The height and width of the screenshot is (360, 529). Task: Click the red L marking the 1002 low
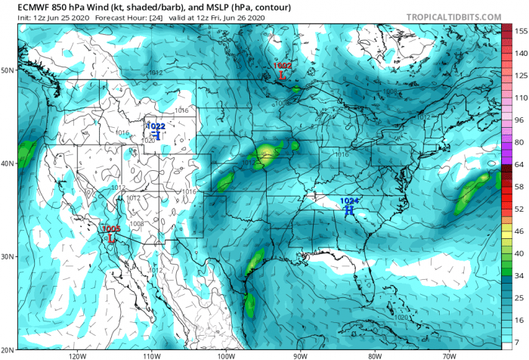(x=281, y=76)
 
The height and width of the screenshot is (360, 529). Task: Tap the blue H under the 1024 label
(x=350, y=210)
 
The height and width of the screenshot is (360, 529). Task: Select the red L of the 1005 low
(x=111, y=237)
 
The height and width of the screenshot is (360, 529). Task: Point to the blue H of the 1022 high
(x=156, y=135)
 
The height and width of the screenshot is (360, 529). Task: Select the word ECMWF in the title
(x=23, y=7)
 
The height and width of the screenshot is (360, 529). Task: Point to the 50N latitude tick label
(x=8, y=70)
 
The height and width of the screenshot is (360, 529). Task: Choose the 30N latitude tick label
(x=8, y=257)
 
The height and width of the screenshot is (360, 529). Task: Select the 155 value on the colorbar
(x=520, y=32)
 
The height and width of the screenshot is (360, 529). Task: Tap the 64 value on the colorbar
(x=520, y=163)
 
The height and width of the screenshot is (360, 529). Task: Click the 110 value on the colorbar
(x=520, y=98)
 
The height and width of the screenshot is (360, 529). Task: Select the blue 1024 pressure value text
(x=350, y=200)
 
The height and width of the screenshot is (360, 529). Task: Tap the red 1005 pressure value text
(x=111, y=228)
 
